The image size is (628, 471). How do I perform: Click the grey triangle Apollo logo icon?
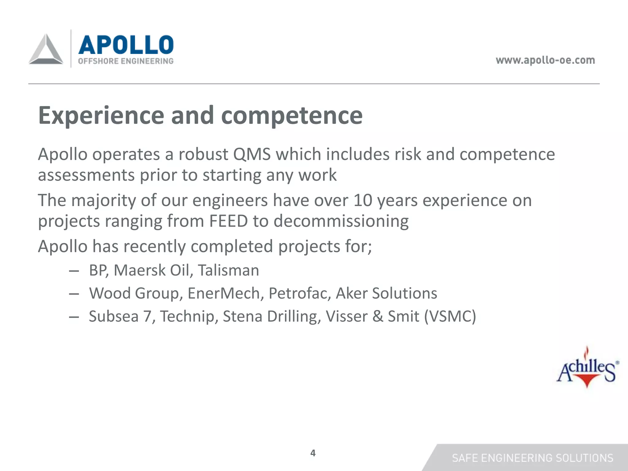pyautogui.click(x=46, y=50)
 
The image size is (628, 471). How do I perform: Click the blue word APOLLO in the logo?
pyautogui.click(x=126, y=44)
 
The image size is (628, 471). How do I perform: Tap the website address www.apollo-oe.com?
pyautogui.click(x=545, y=60)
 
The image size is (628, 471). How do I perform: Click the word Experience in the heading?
pyautogui.click(x=101, y=116)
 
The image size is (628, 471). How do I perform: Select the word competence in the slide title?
pyautogui.click(x=292, y=116)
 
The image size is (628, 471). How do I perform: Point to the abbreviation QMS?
pyautogui.click(x=252, y=154)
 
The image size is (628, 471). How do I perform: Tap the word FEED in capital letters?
pyautogui.click(x=228, y=221)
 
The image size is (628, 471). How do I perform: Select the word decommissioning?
pyautogui.click(x=341, y=221)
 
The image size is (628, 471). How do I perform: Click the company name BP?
pyautogui.click(x=98, y=270)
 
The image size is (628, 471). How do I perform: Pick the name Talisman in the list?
pyautogui.click(x=228, y=270)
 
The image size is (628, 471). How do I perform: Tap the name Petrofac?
pyautogui.click(x=300, y=293)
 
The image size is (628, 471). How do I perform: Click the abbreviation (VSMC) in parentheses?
pyautogui.click(x=450, y=316)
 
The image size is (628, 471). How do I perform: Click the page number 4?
pyautogui.click(x=313, y=453)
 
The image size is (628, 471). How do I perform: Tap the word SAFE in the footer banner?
pyautogui.click(x=465, y=458)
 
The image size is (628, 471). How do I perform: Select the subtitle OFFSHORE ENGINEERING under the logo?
pyautogui.click(x=126, y=61)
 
